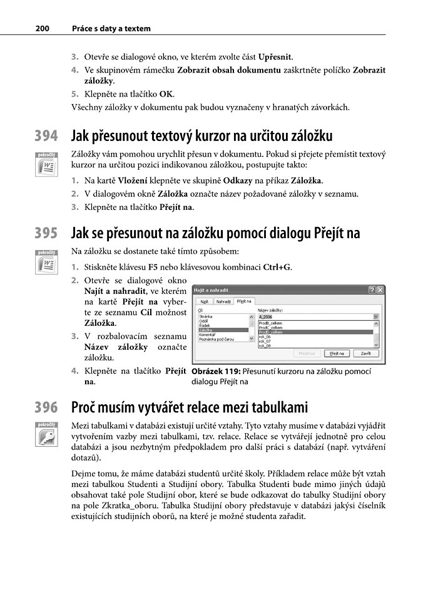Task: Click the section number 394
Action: click(46, 136)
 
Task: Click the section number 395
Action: click(46, 234)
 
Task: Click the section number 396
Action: click(46, 408)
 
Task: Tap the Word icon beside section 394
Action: click(46, 165)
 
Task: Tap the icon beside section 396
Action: click(46, 437)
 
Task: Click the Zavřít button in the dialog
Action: click(366, 353)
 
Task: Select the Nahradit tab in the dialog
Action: click(223, 301)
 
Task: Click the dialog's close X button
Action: click(380, 290)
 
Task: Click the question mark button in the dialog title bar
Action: click(372, 290)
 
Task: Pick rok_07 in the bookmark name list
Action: click(265, 341)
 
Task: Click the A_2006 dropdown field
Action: click(316, 317)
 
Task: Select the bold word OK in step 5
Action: click(166, 94)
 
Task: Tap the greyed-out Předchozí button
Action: click(307, 353)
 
